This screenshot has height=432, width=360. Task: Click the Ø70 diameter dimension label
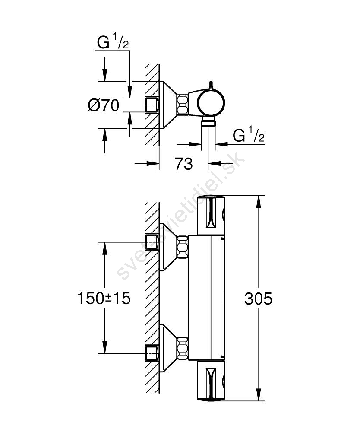pyautogui.click(x=104, y=105)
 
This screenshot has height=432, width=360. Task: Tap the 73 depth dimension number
pyautogui.click(x=183, y=164)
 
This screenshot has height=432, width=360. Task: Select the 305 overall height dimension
pyautogui.click(x=258, y=299)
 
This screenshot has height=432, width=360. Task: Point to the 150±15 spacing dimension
pyautogui.click(x=104, y=299)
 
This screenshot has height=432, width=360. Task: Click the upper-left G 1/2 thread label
pyautogui.click(x=113, y=42)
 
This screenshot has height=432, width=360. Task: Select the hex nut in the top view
pyautogui.click(x=183, y=105)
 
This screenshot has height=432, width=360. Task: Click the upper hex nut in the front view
pyautogui.click(x=183, y=247)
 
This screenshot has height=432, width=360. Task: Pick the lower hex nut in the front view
pyautogui.click(x=183, y=348)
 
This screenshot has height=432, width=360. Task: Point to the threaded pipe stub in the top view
pyautogui.click(x=152, y=105)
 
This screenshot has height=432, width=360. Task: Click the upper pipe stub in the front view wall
pyautogui.click(x=152, y=242)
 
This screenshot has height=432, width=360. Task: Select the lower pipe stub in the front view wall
pyautogui.click(x=152, y=353)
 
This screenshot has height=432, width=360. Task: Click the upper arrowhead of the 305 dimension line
pyautogui.click(x=258, y=202)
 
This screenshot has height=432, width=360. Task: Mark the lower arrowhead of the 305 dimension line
pyautogui.click(x=258, y=394)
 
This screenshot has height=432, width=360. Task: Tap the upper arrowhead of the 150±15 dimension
pyautogui.click(x=104, y=248)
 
